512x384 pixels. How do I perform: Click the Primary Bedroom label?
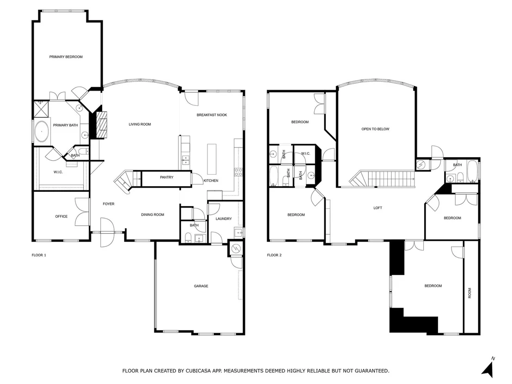click(66, 57)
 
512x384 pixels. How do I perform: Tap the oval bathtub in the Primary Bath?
click(42, 132)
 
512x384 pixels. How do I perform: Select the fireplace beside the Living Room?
click(101, 125)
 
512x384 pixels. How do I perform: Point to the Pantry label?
click(166, 177)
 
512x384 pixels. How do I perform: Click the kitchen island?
click(212, 159)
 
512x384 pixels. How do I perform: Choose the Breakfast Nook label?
click(212, 115)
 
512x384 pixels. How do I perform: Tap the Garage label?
click(201, 286)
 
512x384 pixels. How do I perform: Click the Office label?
click(61, 216)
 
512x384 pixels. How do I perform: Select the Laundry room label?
click(224, 219)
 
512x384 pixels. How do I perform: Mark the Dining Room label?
click(152, 215)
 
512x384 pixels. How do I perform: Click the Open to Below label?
click(375, 129)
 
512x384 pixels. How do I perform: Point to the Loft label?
click(378, 208)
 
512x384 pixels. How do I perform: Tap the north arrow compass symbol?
click(488, 368)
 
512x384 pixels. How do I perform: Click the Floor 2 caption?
click(274, 255)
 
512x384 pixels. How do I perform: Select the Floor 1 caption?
click(39, 255)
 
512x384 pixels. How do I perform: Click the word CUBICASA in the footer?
click(199, 371)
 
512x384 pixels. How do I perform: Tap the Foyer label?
click(109, 204)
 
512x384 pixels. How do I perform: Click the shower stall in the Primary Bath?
click(42, 109)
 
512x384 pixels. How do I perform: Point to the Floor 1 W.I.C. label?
click(58, 172)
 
